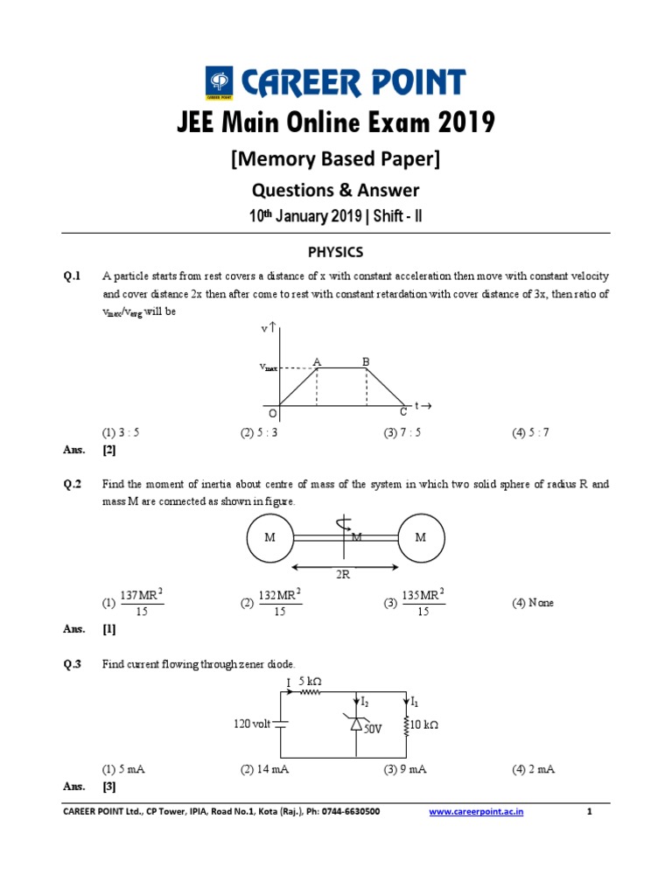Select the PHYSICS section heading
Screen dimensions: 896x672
point(335,252)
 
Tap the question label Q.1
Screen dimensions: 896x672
point(72,276)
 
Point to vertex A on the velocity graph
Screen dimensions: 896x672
point(317,362)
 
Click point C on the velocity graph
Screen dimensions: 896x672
point(403,411)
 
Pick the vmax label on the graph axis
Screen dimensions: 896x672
point(274,367)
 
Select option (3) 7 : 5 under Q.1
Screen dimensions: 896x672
point(402,433)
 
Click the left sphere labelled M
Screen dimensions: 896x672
point(270,537)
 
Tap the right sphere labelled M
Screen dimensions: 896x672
point(421,537)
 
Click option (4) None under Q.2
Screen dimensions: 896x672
point(533,603)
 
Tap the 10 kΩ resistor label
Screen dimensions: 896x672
point(423,724)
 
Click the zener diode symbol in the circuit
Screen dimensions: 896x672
point(355,723)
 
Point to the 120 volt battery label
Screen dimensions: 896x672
point(252,724)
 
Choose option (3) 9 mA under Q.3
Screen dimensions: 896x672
point(403,769)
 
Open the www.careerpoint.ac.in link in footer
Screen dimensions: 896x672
point(476,812)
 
